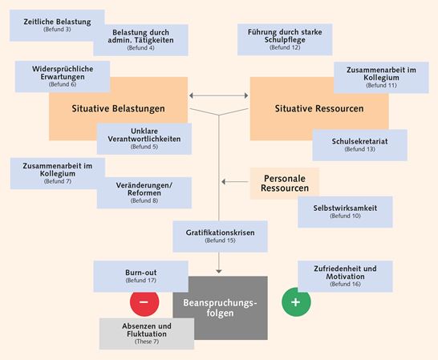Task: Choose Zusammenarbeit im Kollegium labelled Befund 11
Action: [x=381, y=77]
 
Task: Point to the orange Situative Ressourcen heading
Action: [x=319, y=108]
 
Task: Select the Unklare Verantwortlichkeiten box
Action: [x=144, y=138]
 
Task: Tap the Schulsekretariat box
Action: [x=359, y=144]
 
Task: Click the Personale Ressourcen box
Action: [x=285, y=183]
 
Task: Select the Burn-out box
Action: [x=140, y=276]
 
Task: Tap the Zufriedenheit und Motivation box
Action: [x=346, y=274]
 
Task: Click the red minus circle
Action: [x=144, y=302]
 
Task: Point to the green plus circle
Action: [x=296, y=302]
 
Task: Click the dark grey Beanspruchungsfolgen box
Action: [x=220, y=308]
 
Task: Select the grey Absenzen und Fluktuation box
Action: [x=147, y=333]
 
